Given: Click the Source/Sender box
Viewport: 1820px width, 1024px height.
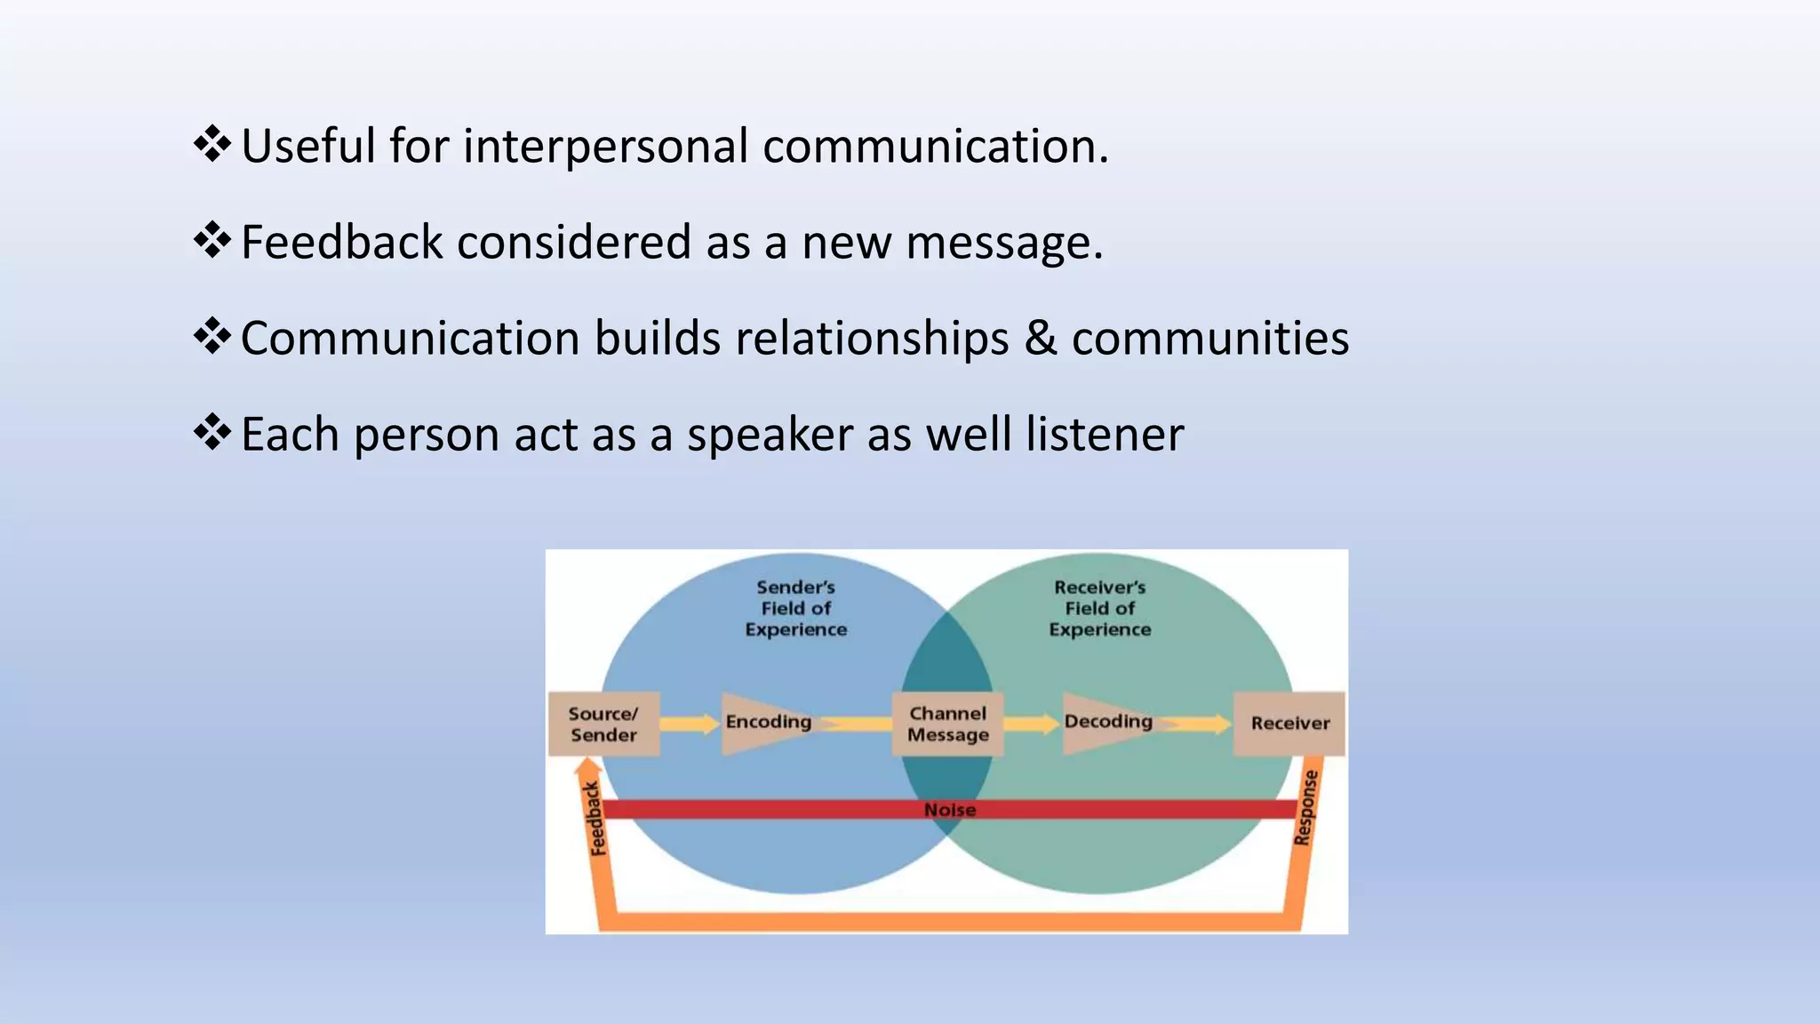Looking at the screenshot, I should [603, 724].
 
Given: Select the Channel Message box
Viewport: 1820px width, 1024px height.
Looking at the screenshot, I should [947, 724].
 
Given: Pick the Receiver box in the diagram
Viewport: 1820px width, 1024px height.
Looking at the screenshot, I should [1289, 724].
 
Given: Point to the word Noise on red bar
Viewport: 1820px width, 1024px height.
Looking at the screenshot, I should [949, 810].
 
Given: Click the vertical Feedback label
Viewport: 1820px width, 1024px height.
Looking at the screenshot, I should [595, 818].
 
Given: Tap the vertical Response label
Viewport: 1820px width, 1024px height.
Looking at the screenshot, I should [1305, 807].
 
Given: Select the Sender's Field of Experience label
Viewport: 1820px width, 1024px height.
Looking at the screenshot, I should [795, 609].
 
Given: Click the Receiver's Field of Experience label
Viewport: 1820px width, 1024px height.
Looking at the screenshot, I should [1099, 609].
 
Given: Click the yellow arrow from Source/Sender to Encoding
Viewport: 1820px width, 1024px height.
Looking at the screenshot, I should [690, 724].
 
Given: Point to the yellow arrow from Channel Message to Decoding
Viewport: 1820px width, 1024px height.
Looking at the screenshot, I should [1031, 724].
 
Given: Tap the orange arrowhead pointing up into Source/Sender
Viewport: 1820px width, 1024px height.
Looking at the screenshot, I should [587, 766].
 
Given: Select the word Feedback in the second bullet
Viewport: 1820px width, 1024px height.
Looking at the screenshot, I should [341, 242].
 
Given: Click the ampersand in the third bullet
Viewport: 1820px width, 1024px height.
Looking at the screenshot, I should [1040, 339].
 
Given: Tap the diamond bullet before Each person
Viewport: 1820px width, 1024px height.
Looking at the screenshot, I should [212, 433].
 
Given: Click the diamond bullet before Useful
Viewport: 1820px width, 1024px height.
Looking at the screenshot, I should [212, 144].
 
